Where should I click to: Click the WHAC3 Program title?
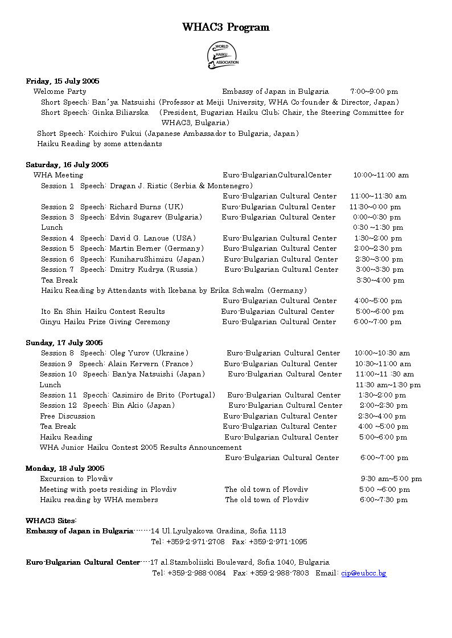click(226, 27)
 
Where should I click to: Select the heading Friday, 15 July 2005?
click(63, 81)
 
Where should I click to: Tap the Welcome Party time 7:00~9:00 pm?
click(374, 91)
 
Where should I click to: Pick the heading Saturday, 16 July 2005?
click(67, 164)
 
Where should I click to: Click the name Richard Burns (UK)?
click(146, 207)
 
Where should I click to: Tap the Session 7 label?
click(57, 270)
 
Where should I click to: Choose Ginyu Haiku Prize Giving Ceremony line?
click(105, 322)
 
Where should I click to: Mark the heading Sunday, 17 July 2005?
click(64, 342)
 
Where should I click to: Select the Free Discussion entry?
click(68, 416)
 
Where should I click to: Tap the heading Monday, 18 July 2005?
click(65, 468)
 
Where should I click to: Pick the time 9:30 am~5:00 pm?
click(391, 479)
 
